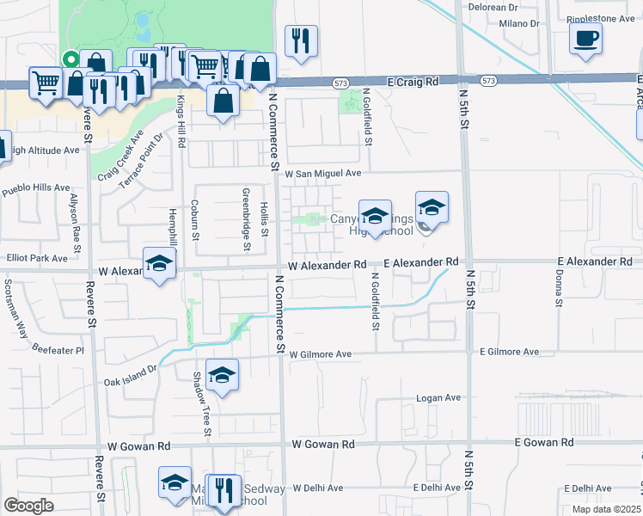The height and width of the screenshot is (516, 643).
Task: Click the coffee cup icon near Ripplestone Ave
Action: (585, 39)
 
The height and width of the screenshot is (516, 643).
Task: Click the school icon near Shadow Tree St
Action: (222, 375)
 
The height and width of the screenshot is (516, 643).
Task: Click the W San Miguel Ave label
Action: (322, 172)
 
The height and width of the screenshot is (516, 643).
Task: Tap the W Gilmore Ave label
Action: (321, 353)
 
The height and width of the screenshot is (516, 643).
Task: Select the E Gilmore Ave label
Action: (510, 352)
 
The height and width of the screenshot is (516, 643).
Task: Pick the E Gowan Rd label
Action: (543, 441)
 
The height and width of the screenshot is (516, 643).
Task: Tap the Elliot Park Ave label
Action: (34, 257)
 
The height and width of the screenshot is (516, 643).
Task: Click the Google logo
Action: (28, 506)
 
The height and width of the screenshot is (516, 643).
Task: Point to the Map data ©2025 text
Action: (605, 509)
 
